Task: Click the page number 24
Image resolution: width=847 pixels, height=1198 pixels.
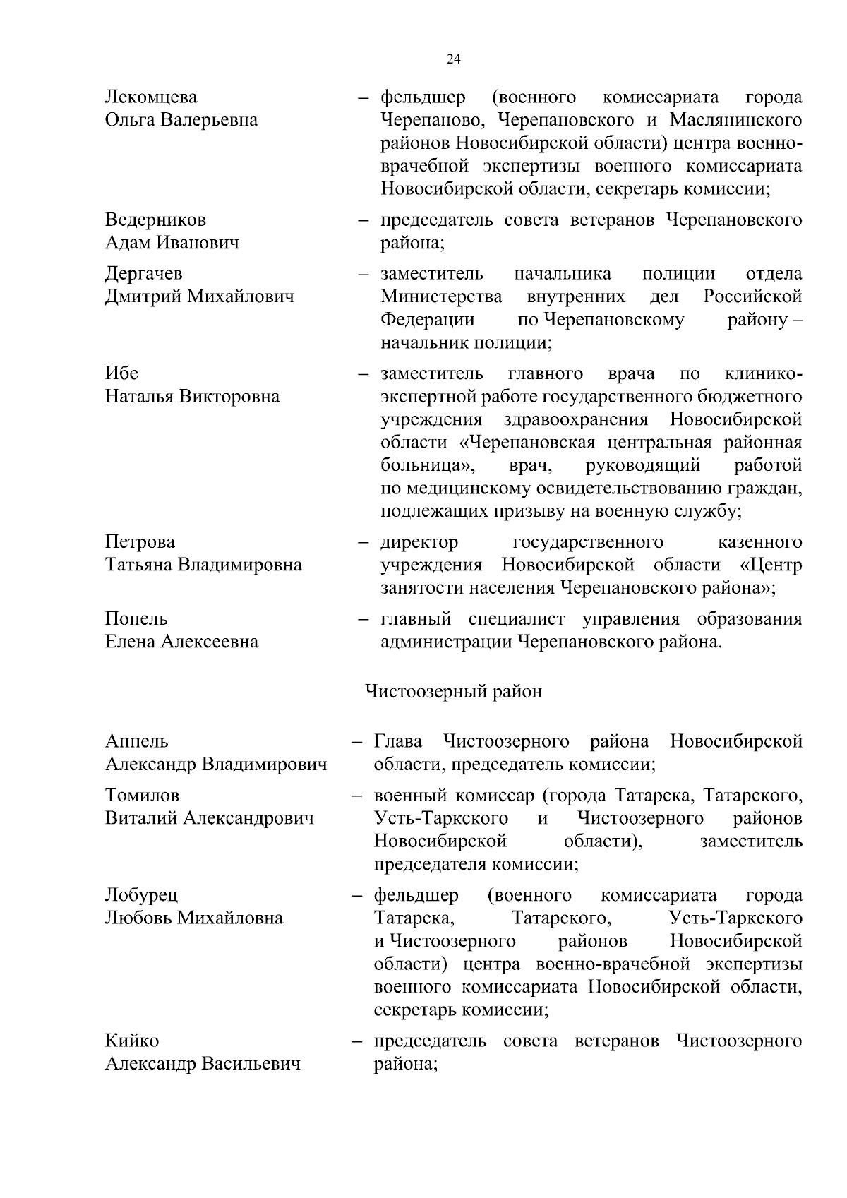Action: coord(454,59)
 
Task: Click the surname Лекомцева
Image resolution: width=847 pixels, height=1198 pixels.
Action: coord(151,97)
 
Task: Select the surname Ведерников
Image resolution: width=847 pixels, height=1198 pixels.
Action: coord(155,220)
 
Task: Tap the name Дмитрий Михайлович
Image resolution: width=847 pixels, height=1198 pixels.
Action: coord(199,296)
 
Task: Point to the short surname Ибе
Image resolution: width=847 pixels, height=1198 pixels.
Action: coord(121,373)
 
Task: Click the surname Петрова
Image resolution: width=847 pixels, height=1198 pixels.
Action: coord(140,542)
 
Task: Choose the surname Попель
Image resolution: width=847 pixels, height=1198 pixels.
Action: coord(136,619)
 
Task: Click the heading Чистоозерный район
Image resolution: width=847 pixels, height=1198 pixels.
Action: coord(453,691)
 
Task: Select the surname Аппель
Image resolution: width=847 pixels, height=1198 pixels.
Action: coord(137,741)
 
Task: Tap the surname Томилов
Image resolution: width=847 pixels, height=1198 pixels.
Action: coord(142,796)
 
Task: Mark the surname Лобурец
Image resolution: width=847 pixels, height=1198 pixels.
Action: coord(141,895)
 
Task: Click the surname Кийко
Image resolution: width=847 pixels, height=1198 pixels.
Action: coord(132,1041)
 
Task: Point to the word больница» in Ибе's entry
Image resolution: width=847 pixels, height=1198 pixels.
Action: coord(427,466)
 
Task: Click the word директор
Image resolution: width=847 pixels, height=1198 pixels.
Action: coord(419,542)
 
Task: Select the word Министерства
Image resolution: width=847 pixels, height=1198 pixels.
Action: coord(441,296)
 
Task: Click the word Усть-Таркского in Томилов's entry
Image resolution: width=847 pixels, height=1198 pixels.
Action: coord(441,819)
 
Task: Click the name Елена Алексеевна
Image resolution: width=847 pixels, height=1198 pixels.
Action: coord(181,642)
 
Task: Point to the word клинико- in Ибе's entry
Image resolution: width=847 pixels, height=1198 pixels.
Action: coord(763,373)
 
